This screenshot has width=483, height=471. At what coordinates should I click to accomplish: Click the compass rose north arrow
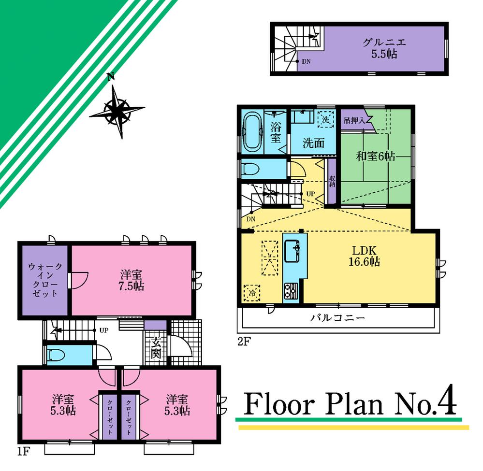click(117, 111)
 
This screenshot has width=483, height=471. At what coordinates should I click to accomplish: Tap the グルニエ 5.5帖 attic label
click(385, 48)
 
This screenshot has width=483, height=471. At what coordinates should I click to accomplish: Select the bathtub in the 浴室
click(252, 132)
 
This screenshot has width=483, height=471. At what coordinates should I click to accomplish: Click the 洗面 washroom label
click(313, 143)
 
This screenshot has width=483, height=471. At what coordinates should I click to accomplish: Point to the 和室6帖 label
click(376, 156)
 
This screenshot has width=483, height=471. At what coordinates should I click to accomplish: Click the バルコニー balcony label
click(337, 318)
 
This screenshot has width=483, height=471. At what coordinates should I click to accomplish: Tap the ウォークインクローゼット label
click(44, 280)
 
